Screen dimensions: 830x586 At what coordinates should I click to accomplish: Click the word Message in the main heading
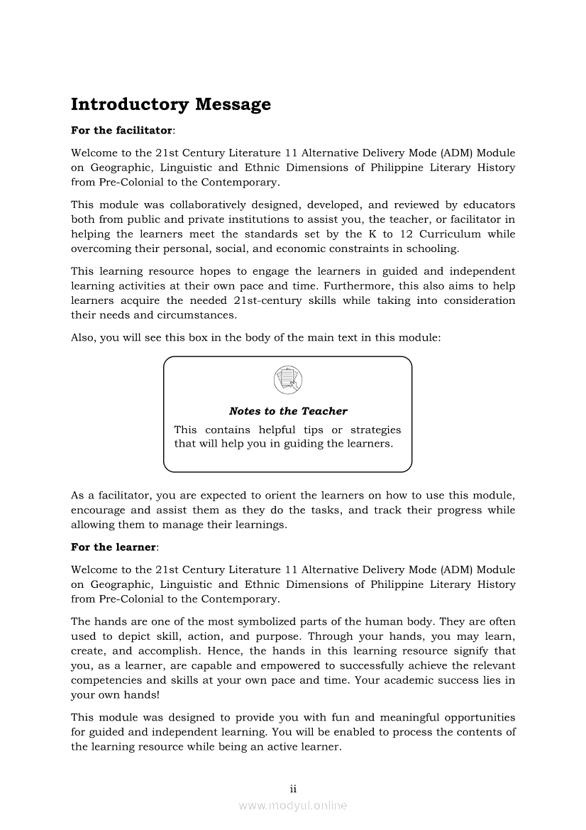[233, 104]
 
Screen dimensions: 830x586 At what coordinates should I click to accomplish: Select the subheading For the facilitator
[122, 131]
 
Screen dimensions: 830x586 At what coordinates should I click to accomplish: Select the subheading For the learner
[114, 547]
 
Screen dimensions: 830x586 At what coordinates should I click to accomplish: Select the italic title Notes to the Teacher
[288, 411]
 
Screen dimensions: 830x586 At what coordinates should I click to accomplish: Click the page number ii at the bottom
[292, 789]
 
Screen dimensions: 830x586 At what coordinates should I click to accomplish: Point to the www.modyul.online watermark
[293, 805]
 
